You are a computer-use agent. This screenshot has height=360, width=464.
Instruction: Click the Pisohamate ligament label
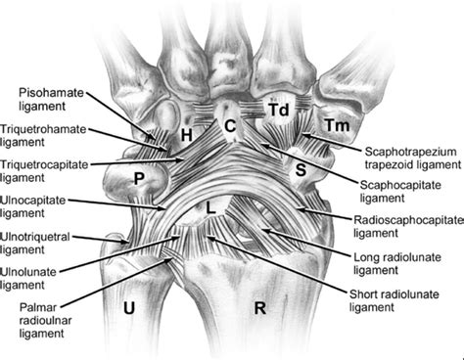pos(51,100)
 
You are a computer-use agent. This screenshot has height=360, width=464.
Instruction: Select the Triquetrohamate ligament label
pos(43,136)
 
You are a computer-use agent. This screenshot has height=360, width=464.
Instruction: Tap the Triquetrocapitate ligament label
pos(44,171)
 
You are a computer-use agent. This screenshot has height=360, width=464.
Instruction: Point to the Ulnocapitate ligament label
pos(33,206)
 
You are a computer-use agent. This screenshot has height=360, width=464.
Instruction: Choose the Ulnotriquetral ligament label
pos(35,243)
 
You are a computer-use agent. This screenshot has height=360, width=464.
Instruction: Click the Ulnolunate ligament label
pos(28,279)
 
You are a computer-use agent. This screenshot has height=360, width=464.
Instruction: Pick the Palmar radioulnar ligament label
pos(45,320)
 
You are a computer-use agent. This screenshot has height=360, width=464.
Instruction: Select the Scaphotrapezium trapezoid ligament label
pos(413,158)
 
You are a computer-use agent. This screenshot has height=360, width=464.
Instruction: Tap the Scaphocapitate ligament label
pos(400,192)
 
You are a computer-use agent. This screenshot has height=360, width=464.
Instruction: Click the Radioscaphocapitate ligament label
pos(408,227)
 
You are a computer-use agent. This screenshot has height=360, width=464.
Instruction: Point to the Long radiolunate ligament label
pos(397,264)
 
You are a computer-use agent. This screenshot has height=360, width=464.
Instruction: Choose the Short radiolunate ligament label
pos(394,300)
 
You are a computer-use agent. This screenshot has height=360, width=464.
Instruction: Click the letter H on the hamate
pos(187,135)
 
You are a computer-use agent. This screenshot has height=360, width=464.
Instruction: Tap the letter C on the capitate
pos(230,126)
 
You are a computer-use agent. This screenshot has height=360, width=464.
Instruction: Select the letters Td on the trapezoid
pos(279,110)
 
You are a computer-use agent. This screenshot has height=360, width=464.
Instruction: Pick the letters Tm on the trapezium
pos(338,125)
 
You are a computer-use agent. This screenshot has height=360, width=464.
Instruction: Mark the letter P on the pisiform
pos(139,179)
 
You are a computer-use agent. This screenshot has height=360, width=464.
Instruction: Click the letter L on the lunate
pos(210,207)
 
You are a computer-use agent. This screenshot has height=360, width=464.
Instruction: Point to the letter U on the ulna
pos(129,307)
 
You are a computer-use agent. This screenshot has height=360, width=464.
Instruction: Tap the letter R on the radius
pos(260,308)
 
